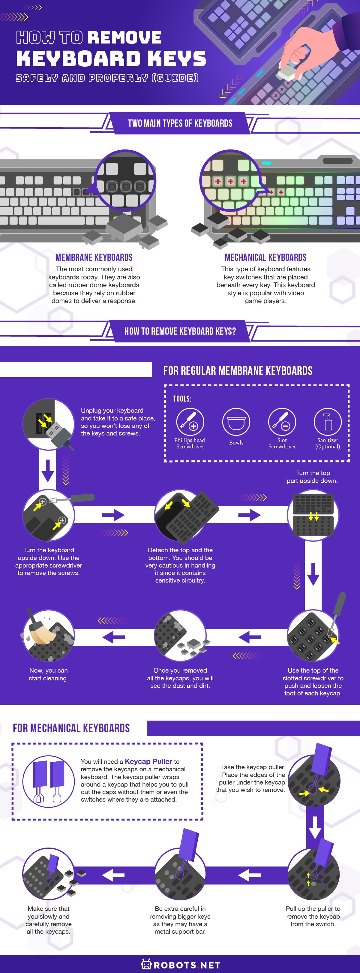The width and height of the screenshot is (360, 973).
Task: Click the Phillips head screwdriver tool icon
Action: coord(190,422)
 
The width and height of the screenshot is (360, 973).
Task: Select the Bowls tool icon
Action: coord(236,422)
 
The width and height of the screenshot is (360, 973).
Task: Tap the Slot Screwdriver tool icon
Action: coord(282,422)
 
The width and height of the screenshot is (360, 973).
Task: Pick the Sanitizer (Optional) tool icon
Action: coord(328,422)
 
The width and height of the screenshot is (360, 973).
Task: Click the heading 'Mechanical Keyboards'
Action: coord(265,257)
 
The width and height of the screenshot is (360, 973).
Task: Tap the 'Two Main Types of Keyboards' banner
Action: coord(180,123)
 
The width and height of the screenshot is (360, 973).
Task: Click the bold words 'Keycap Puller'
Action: coord(148,761)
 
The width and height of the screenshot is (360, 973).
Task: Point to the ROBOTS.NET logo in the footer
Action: coord(181,965)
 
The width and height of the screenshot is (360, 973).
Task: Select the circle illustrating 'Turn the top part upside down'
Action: coord(313,515)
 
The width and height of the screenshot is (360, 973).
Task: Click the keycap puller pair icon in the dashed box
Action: coord(48,781)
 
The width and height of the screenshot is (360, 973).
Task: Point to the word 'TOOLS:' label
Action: coord(182,399)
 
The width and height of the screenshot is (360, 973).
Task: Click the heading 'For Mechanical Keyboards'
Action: coord(71,728)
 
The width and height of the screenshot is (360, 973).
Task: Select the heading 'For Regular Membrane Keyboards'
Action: coord(238,371)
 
